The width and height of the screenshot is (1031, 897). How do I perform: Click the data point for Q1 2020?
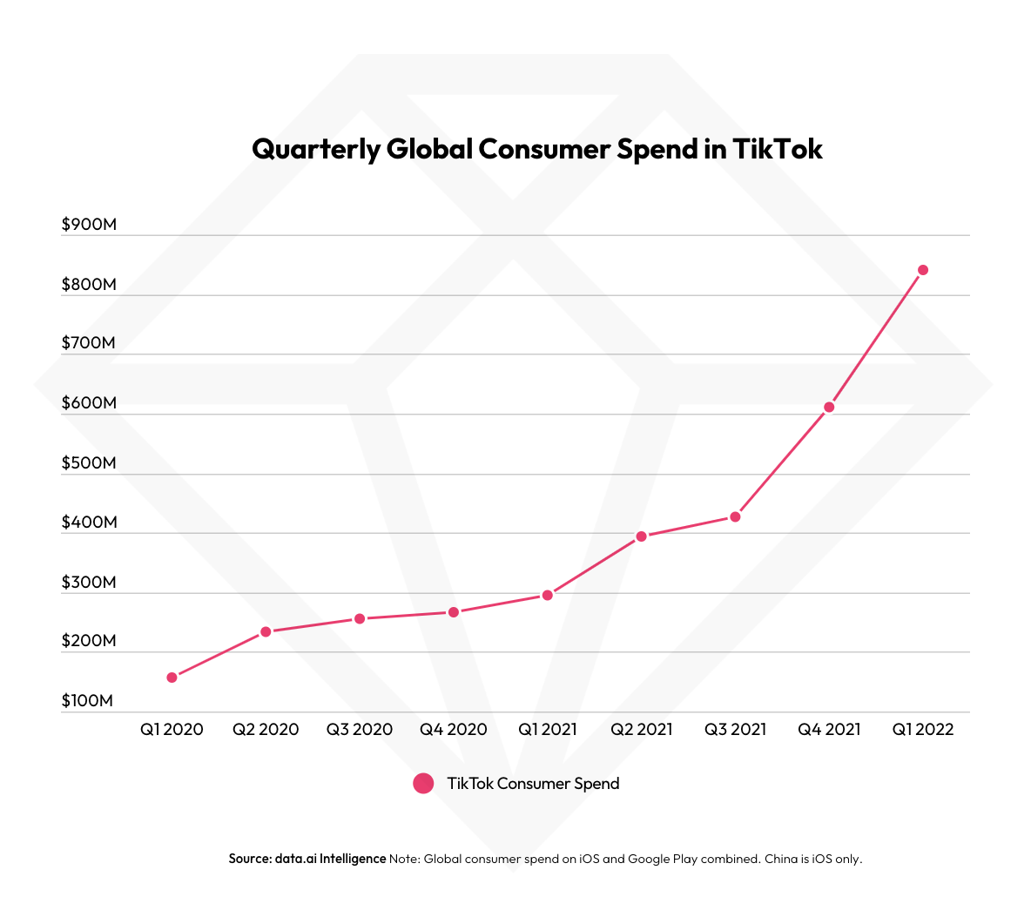tap(172, 678)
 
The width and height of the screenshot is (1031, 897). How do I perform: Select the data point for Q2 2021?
tap(641, 536)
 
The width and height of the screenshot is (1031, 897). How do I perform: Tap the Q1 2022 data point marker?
tap(923, 270)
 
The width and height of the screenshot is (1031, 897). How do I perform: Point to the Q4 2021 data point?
tap(829, 407)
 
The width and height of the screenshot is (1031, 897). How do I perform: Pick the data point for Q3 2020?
tap(360, 618)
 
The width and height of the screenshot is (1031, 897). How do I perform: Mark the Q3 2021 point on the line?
tap(735, 517)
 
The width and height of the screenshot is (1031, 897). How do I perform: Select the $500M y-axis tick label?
tap(89, 462)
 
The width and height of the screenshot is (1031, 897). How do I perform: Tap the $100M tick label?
tap(87, 701)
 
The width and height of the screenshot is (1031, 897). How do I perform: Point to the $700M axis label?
tap(89, 343)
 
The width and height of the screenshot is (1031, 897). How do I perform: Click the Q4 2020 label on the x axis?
tap(454, 730)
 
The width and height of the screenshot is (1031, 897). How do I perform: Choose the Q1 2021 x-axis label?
tap(548, 730)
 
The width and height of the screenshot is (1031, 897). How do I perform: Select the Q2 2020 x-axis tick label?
tap(266, 730)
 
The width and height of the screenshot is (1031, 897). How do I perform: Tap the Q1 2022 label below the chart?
tap(923, 730)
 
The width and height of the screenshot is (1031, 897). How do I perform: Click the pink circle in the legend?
tap(423, 783)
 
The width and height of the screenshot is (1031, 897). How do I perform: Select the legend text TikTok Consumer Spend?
tap(533, 783)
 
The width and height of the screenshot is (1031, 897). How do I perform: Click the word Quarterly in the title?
tap(316, 150)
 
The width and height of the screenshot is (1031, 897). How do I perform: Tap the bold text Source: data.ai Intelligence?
tap(307, 859)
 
